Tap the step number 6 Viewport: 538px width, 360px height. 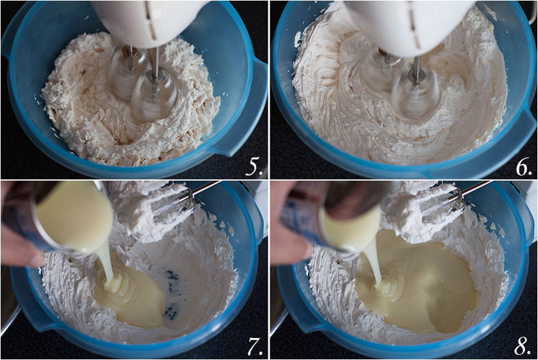point(524,167)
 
